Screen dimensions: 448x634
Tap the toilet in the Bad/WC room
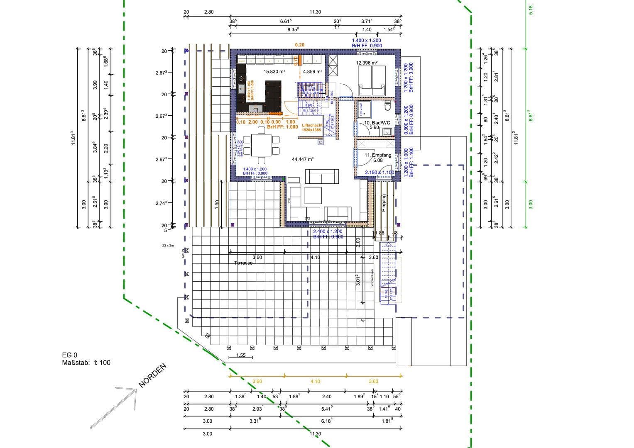coord(388,106)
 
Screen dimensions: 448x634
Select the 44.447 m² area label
coord(303,159)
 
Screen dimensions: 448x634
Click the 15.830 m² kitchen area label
coord(274,71)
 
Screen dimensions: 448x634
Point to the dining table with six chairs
coord(261,145)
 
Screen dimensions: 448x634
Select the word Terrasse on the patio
coord(243,263)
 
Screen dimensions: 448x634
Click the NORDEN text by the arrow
coord(152,375)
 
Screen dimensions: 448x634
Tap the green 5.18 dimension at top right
coord(530,10)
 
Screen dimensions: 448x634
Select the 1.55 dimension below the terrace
coord(241,355)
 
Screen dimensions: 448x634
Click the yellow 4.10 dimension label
coord(315,381)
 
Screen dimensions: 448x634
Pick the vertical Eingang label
coord(384,203)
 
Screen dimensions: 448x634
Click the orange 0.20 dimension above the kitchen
coord(299,45)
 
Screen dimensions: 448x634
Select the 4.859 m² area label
coord(313,71)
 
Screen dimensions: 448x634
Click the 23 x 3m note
coord(168,246)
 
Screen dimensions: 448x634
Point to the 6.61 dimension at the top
coord(286,21)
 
